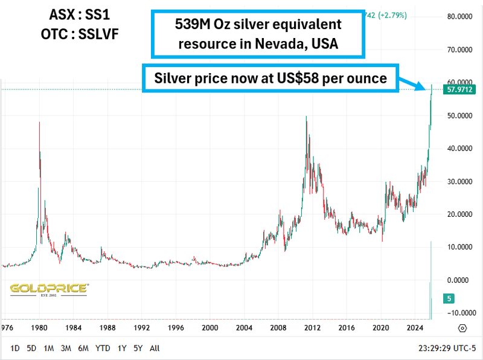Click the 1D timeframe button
point(15,348)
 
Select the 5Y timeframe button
point(138,348)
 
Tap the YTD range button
point(103,348)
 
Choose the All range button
point(155,348)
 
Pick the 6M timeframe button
point(83,348)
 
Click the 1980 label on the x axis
point(40,328)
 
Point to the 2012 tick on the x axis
point(312,328)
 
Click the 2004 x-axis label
point(244,328)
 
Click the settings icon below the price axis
point(462,328)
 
